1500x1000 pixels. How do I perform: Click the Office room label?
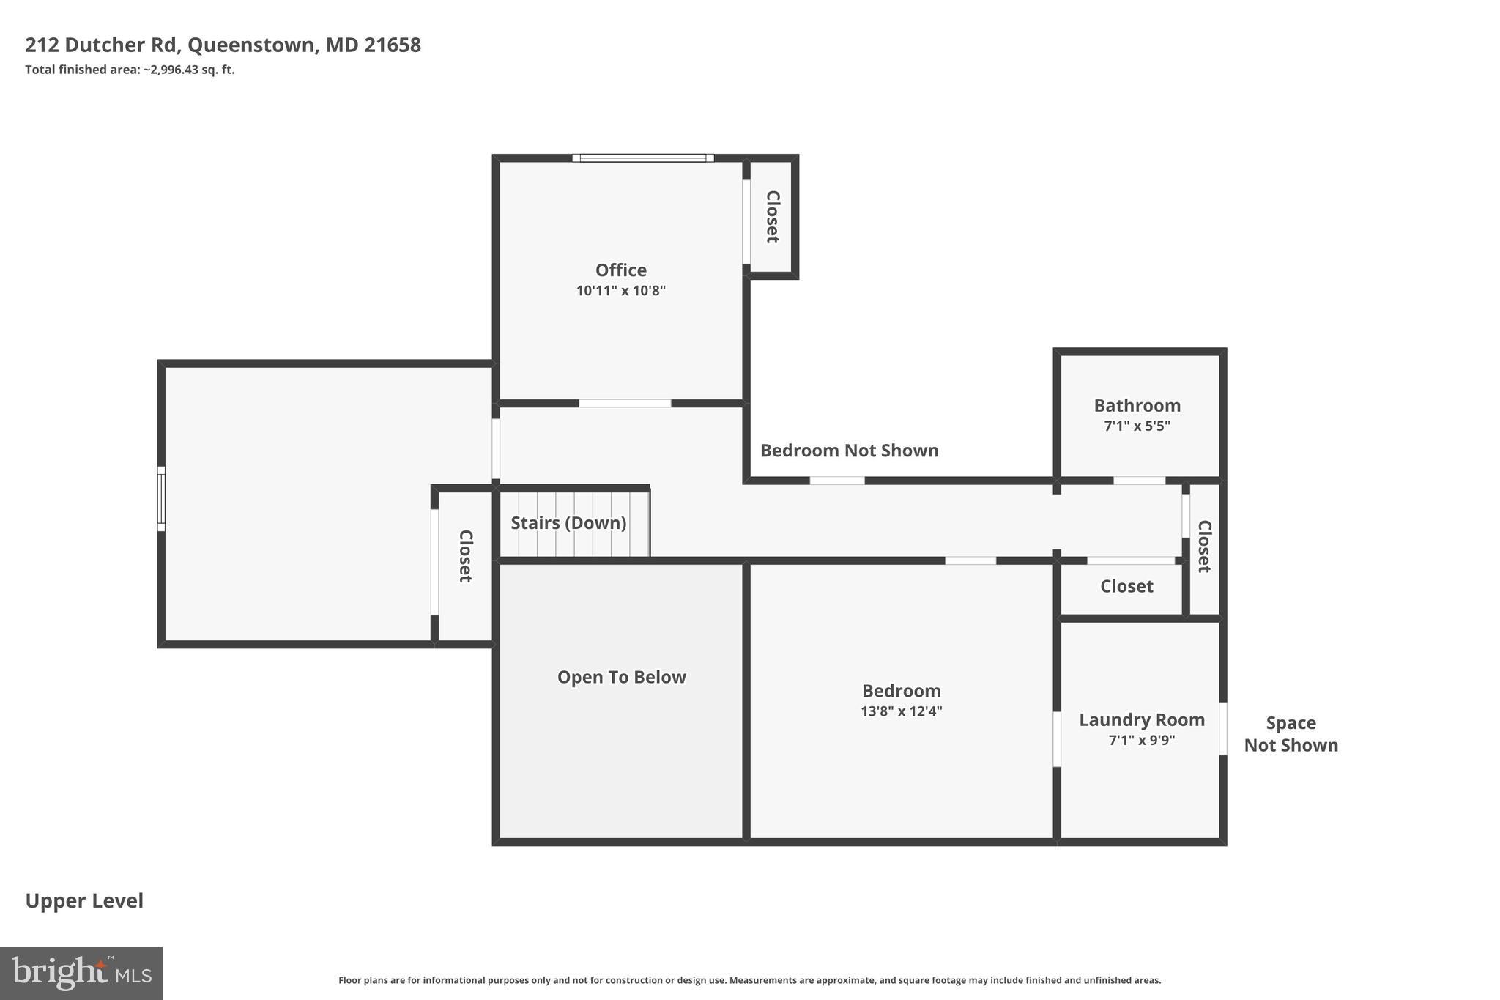pos(620,270)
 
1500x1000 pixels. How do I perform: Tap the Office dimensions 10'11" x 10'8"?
pos(620,291)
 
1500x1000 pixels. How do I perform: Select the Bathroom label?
pos(1137,406)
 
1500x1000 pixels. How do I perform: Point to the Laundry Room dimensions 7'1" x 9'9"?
pos(1141,740)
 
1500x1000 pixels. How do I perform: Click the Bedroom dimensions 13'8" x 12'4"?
pos(901,711)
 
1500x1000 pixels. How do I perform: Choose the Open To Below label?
pos(621,677)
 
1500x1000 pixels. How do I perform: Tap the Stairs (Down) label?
pos(568,523)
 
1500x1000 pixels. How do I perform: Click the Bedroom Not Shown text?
pos(849,451)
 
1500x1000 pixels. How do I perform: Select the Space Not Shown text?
pos(1291,734)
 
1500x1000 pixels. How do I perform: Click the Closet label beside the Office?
pos(773,217)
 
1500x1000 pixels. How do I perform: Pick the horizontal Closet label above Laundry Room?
pos(1126,586)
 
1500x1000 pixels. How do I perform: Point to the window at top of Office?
pos(642,158)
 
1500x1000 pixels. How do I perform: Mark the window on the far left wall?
pos(161,498)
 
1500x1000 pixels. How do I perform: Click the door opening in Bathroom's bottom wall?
pos(1139,481)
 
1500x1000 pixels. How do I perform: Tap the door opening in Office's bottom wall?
pos(625,404)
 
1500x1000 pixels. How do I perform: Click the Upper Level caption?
pos(84,901)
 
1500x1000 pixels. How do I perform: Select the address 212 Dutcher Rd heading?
pos(223,45)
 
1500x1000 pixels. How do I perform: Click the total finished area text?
pos(130,70)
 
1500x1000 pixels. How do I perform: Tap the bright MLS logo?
pos(81,973)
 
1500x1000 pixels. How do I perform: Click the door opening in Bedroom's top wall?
pos(970,560)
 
